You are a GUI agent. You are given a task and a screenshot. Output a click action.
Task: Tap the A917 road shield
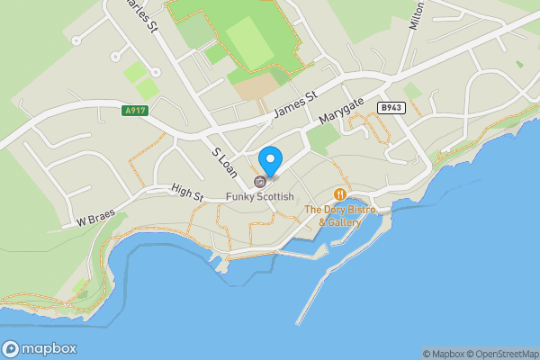click(x=133, y=112)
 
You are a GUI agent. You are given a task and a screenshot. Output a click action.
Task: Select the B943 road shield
click(x=390, y=107)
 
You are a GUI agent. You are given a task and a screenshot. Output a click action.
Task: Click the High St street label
click(x=187, y=193)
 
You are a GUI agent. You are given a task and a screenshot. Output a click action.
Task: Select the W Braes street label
click(x=94, y=220)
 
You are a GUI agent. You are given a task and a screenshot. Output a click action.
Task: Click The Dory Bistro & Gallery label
click(x=339, y=216)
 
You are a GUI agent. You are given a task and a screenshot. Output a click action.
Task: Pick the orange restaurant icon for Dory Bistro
click(x=339, y=194)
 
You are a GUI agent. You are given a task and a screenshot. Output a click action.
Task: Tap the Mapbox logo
click(x=40, y=349)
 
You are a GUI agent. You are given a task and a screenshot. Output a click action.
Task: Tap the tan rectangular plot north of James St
click(x=257, y=86)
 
